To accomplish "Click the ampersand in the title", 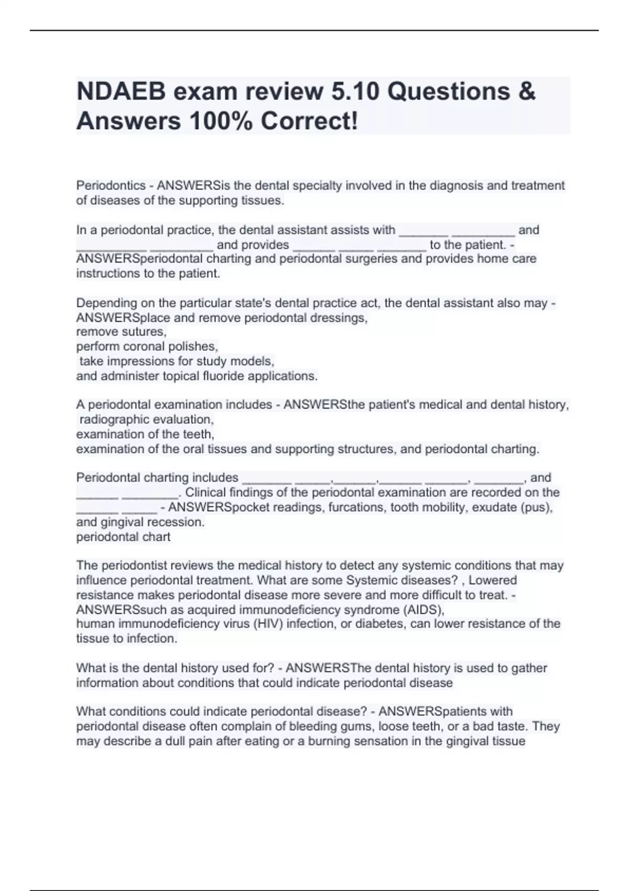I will pyautogui.click(x=527, y=92).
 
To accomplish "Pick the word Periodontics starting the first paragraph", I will pyautogui.click(x=111, y=186).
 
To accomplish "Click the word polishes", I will pyautogui.click(x=194, y=346).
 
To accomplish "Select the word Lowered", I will pyautogui.click(x=493, y=580).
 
